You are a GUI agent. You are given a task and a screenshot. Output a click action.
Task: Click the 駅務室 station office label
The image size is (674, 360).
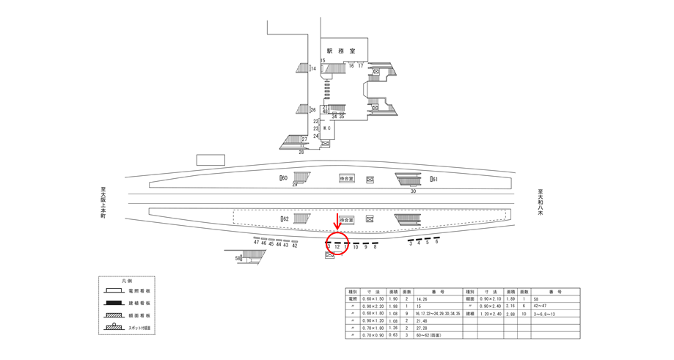tap(341, 51)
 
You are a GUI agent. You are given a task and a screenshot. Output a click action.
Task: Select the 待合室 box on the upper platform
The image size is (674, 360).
tap(346, 178)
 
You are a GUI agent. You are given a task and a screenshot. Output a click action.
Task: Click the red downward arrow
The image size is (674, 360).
tap(337, 221)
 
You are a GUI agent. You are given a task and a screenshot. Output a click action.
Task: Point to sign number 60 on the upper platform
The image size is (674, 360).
tap(284, 178)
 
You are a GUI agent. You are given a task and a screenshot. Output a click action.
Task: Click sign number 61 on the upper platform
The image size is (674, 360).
tap(434, 179)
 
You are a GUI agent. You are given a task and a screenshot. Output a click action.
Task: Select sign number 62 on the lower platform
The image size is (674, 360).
tap(285, 218)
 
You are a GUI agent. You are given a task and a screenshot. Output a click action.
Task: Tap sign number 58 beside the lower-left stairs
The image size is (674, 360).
tap(238, 258)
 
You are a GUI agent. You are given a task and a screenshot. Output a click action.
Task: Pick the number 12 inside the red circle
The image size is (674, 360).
tap(337, 247)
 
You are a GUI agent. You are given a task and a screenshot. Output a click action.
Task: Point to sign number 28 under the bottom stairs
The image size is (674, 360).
tap(301, 152)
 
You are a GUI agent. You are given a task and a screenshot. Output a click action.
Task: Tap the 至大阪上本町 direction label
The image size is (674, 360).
tap(103, 202)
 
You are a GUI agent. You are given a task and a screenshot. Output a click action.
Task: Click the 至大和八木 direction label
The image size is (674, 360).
tap(540, 202)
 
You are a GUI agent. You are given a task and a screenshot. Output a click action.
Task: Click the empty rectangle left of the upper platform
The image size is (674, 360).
tap(210, 160)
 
